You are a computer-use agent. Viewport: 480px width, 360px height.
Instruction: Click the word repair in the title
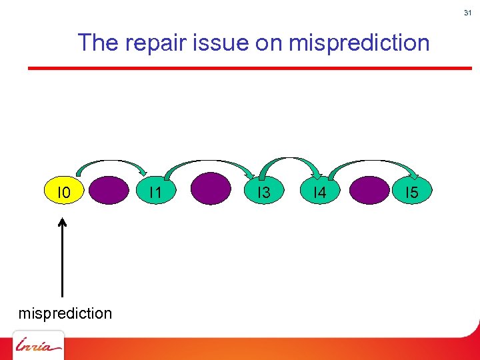(x=160, y=43)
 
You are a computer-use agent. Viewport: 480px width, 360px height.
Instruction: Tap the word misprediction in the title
(x=359, y=43)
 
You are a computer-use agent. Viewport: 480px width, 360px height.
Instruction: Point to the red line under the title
(x=249, y=67)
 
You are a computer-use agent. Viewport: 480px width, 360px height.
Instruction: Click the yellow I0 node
(x=64, y=193)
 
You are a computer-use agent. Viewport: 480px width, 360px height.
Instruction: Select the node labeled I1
(x=156, y=193)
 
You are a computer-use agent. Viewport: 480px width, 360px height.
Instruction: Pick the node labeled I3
(x=264, y=193)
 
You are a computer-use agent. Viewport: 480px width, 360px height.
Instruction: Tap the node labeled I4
(x=319, y=193)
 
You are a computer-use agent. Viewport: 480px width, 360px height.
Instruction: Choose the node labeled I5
(x=411, y=193)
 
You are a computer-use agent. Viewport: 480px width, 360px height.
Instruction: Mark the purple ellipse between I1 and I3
(x=211, y=189)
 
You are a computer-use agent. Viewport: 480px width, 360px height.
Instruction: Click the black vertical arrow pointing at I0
(x=62, y=257)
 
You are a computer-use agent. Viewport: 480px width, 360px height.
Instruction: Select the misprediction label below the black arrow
(x=65, y=313)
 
